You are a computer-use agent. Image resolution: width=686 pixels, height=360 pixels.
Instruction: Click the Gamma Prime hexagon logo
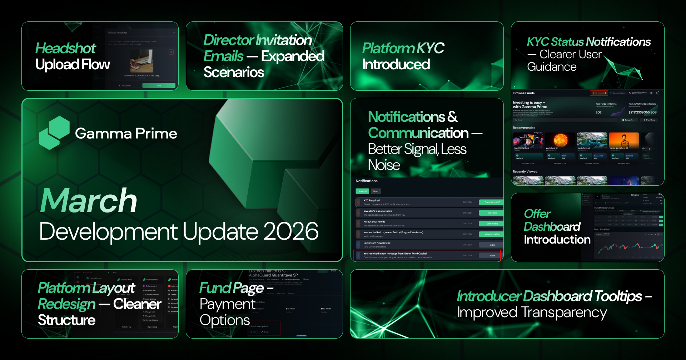[x=54, y=133]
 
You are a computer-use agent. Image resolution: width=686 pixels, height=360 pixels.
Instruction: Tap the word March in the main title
[x=89, y=201]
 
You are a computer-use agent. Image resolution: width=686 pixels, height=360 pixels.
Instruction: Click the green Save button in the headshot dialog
[x=159, y=86]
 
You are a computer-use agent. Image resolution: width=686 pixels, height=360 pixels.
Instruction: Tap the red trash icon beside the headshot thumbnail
[x=171, y=52]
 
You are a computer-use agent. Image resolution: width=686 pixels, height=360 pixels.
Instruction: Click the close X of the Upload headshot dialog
[x=174, y=32]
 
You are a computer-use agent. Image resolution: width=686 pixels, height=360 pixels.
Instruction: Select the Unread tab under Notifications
[x=362, y=191]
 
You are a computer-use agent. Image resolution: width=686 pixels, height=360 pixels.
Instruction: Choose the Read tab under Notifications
[x=376, y=191]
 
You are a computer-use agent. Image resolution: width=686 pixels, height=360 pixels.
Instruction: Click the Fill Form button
[x=492, y=213]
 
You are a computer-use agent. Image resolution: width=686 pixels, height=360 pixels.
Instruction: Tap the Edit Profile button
[x=492, y=224]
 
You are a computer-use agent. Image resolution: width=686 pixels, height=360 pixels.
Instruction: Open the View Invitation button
[x=492, y=234]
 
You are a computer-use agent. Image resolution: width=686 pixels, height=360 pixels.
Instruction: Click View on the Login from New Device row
[x=492, y=245]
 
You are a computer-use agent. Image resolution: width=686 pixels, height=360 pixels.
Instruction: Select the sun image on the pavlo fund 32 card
[x=561, y=140]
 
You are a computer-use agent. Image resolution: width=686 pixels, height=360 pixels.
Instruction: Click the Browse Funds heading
[x=524, y=93]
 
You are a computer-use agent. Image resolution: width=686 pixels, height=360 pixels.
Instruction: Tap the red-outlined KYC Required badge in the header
[x=598, y=93]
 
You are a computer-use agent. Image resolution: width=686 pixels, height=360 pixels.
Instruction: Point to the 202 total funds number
[x=598, y=112]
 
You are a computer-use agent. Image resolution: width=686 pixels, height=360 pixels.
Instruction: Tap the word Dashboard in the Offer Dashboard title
[x=552, y=227]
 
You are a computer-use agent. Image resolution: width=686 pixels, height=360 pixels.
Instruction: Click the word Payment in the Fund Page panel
[x=228, y=304]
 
